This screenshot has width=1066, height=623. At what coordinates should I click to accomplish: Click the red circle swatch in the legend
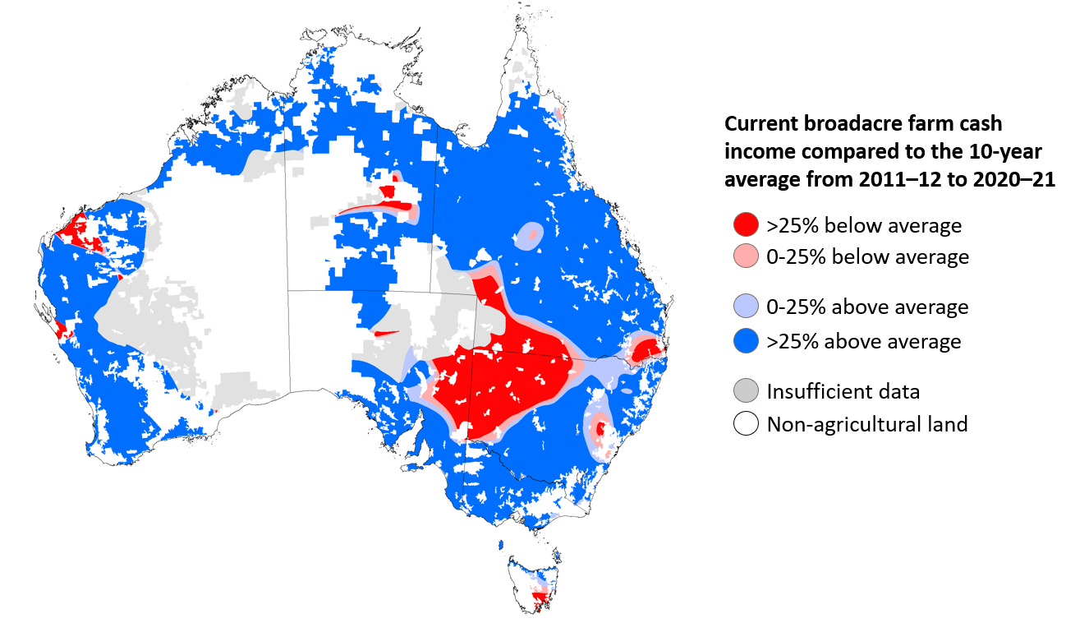pyautogui.click(x=746, y=224)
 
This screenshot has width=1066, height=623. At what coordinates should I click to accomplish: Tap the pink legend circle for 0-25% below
pyautogui.click(x=746, y=256)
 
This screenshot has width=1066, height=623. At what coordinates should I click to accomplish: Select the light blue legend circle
pyautogui.click(x=746, y=307)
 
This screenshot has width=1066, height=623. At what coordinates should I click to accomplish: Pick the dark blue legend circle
pyautogui.click(x=746, y=340)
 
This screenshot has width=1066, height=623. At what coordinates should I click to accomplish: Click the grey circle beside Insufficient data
pyautogui.click(x=746, y=391)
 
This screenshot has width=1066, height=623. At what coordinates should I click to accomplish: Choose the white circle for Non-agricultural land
pyautogui.click(x=746, y=424)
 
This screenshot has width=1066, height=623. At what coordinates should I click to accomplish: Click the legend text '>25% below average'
pyautogui.click(x=863, y=224)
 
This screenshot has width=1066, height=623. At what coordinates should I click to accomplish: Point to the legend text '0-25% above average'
pyautogui.click(x=867, y=307)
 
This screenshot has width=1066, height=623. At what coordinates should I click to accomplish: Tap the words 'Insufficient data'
pyautogui.click(x=843, y=391)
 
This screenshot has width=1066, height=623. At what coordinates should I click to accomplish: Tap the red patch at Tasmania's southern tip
pyautogui.click(x=540, y=599)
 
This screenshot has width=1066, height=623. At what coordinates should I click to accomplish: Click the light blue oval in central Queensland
pyautogui.click(x=529, y=236)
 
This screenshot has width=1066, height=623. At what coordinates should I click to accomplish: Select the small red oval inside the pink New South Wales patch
pyautogui.click(x=600, y=429)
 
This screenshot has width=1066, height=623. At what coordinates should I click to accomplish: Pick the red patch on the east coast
pyautogui.click(x=646, y=348)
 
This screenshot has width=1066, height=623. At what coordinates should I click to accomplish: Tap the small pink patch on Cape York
pyautogui.click(x=559, y=113)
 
